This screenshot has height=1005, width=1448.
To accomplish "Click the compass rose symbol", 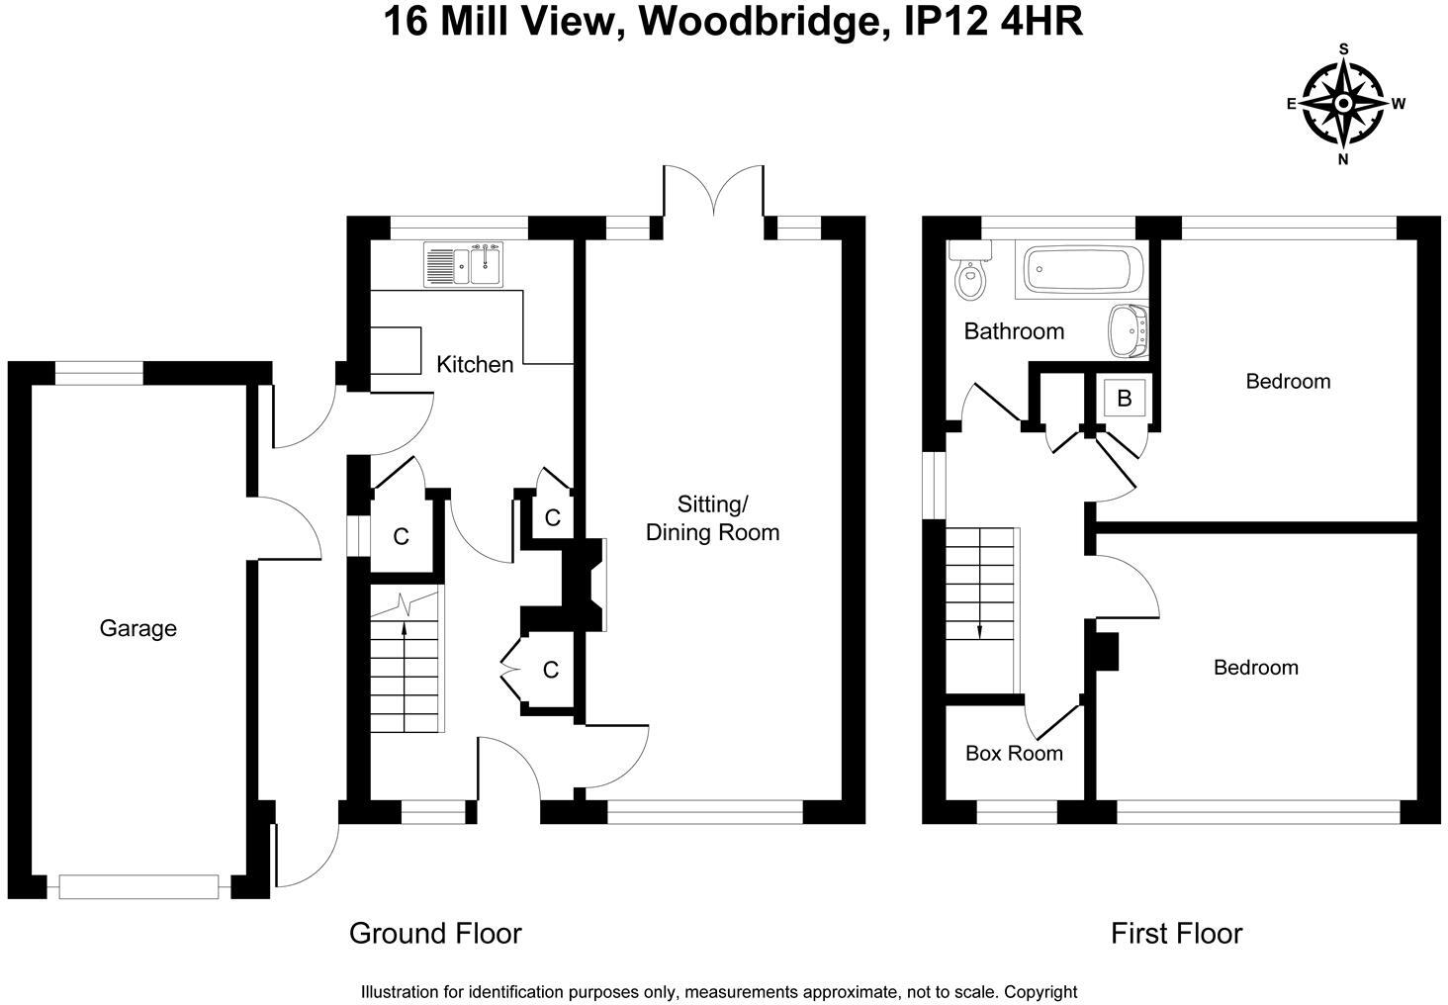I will tap(1343, 103).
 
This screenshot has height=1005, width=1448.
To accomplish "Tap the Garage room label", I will tap(138, 628).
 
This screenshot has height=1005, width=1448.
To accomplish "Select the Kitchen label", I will tap(475, 364).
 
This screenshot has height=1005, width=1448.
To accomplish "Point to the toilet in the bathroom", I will tap(970, 277).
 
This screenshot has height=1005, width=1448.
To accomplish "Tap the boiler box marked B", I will tap(1124, 399).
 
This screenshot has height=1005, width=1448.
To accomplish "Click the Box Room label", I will tap(1014, 753).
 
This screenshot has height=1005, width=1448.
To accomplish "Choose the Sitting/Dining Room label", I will tap(712, 518).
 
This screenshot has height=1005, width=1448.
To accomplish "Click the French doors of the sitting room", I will tap(713, 193).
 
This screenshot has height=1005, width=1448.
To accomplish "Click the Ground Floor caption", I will tap(435, 933).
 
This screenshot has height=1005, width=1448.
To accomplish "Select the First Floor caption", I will tap(1176, 933).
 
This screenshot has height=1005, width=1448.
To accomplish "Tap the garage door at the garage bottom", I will tap(138, 887).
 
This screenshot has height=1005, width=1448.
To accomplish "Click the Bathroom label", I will tap(1014, 331).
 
